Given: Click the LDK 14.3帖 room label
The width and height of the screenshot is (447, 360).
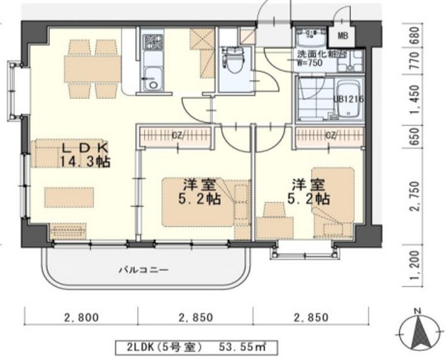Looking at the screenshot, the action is tap(85, 155).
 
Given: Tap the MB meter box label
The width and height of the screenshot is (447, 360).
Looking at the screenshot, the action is tap(342, 36).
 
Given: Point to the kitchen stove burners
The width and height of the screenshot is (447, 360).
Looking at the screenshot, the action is tap(153, 42).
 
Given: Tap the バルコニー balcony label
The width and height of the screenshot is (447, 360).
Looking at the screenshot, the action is tap(143, 269).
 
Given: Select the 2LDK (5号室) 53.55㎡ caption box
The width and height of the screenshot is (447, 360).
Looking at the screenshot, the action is tap(196, 347).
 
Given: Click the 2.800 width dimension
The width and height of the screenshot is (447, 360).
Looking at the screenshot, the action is tap(81, 317).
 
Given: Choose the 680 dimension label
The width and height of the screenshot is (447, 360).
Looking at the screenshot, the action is tap(415, 35).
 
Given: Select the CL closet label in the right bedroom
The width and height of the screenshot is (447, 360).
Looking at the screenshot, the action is tap(331, 135).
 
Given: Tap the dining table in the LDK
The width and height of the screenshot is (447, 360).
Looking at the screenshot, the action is tap(93, 69).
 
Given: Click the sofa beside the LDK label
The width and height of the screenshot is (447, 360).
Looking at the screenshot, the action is tap(44, 153).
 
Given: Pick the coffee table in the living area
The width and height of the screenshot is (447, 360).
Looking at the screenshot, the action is tap(69, 197).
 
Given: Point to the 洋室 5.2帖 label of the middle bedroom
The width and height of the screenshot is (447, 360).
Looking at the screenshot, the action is tap(199, 192).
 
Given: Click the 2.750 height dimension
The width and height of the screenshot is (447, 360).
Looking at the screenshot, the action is tap(415, 196).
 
